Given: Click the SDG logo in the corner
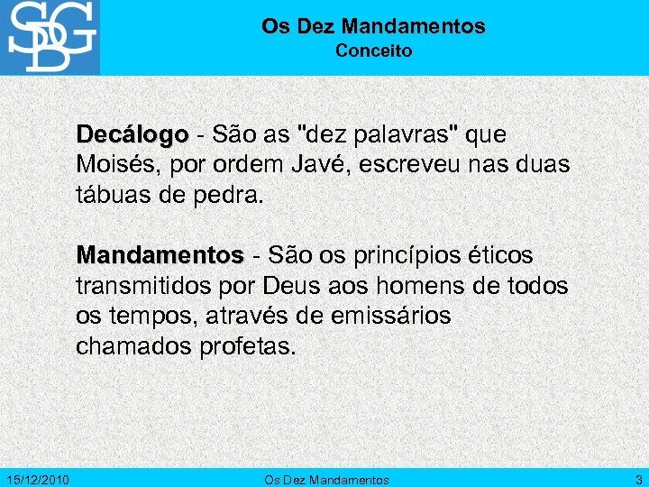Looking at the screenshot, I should coord(50,37).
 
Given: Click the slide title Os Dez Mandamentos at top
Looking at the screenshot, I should coord(373,27).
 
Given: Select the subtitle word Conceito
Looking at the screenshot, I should coord(373,51).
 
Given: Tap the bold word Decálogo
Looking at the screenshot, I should coord(133,134).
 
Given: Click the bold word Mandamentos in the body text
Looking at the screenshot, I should coord(160,255).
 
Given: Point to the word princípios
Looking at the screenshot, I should coord(412,255).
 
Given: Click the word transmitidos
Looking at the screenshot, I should coord(143,286).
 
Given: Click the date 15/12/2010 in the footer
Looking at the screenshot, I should coord(37,480).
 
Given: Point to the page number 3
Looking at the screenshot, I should coord(638,480).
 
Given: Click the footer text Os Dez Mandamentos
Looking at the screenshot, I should coord(326,480).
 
